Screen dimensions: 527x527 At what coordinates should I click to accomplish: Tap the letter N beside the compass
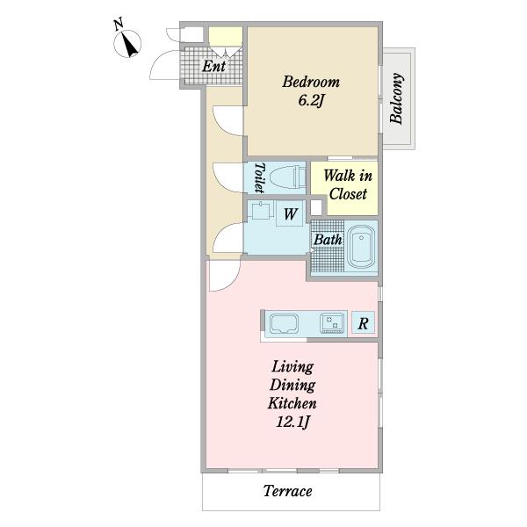tap(118, 25)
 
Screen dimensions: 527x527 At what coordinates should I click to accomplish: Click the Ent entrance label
tap(213, 66)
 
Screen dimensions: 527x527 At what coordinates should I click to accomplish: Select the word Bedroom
tap(311, 82)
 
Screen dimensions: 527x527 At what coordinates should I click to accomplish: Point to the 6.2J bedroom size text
tap(311, 100)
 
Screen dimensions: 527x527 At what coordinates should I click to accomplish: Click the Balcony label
tap(397, 98)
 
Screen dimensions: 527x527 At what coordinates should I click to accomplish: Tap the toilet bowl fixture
tap(287, 177)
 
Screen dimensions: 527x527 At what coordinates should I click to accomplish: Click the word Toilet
tap(259, 177)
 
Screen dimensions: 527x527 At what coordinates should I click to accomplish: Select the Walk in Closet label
tap(348, 184)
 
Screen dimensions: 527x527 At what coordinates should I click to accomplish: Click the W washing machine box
tap(291, 213)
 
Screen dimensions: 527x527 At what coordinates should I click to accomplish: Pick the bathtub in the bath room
tap(361, 247)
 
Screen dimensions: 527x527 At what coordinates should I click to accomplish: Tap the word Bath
tap(328, 240)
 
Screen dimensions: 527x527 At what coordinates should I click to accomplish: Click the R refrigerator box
tap(363, 323)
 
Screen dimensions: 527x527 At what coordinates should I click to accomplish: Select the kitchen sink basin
tap(284, 323)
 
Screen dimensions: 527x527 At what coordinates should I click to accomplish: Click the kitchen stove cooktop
tap(333, 323)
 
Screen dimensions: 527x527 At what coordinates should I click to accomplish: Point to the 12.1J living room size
tap(292, 422)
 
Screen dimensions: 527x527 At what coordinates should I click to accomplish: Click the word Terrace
tap(288, 491)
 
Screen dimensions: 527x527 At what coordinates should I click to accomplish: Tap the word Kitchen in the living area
tap(292, 403)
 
